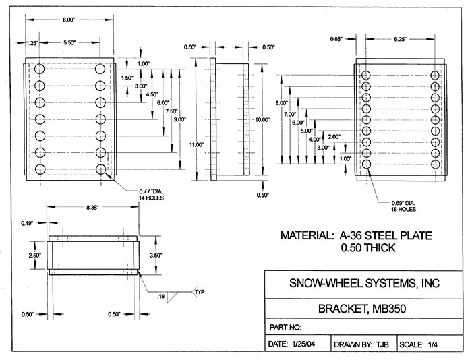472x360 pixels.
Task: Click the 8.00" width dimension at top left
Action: (x=69, y=20)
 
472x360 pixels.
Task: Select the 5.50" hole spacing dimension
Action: (x=70, y=42)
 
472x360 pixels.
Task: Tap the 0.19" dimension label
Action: (x=28, y=222)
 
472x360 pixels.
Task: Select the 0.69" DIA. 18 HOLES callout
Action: (x=402, y=206)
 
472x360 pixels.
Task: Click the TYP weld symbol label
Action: (x=199, y=292)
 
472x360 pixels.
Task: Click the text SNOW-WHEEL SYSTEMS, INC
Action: (x=363, y=283)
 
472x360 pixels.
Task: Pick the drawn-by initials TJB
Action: (x=382, y=344)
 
